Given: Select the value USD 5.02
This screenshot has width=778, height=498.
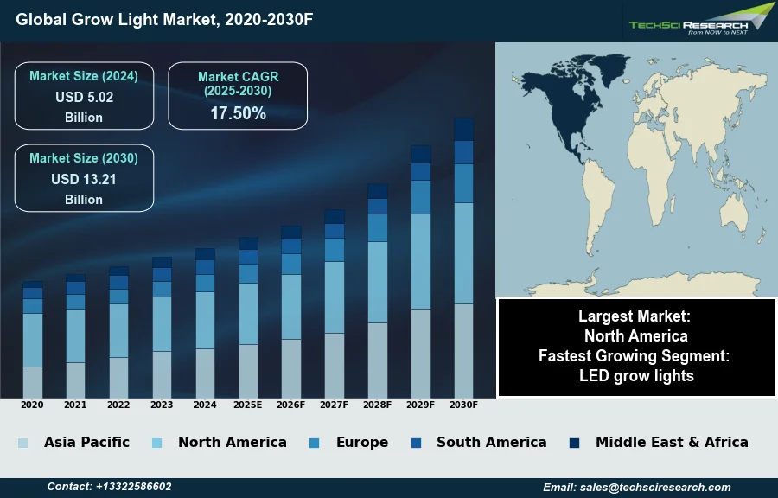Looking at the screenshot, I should pos(85,97).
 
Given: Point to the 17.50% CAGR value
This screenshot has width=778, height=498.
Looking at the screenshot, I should pos(239,113).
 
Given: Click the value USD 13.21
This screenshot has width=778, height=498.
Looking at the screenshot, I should pos(84,179).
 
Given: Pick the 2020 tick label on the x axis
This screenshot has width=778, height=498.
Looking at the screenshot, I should pos(32,405).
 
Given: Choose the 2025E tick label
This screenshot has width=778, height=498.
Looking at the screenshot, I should pos(248,405).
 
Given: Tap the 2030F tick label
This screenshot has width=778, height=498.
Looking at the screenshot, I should pos(463,405).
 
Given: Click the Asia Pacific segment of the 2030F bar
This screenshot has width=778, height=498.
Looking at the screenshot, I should pos(463,350).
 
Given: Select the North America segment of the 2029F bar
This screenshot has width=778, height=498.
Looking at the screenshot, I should pos(421,261).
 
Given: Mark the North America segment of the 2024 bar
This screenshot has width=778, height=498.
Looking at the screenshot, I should pos(205,320).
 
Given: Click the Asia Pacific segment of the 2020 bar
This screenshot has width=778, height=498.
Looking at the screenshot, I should pos(33,382).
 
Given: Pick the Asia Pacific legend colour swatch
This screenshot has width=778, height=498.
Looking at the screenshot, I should pos(22,443).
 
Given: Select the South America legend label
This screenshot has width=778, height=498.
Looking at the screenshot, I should pos(491,442).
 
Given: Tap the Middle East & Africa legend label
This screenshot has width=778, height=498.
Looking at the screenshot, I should pos(672,442).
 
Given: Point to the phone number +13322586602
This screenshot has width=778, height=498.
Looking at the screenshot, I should pos(133,487).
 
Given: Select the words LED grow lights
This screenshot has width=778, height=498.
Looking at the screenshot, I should pos(636,375).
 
